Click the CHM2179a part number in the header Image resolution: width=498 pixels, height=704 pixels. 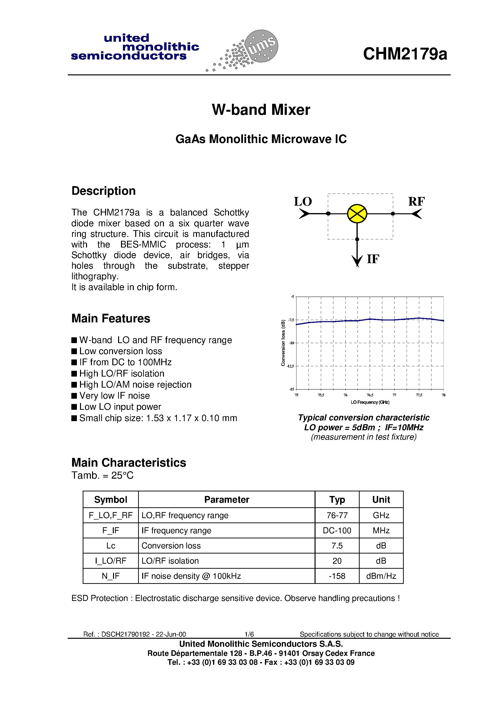tap(405, 54)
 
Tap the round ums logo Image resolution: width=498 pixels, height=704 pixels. tap(261, 46)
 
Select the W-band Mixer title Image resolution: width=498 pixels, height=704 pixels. tap(261, 110)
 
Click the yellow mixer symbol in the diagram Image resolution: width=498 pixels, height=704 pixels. tap(357, 214)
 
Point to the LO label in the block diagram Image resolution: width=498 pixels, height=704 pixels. tap(303, 202)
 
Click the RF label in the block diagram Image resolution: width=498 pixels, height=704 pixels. tap(416, 202)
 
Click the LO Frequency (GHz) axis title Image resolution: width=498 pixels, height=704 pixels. tap(370, 402)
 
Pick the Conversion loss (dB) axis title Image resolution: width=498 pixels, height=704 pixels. tap(283, 343)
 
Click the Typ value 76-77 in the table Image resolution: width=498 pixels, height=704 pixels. tap(337, 515)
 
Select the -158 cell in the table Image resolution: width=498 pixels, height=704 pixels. tap(337, 576)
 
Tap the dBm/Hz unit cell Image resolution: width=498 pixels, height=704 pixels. tap(381, 576)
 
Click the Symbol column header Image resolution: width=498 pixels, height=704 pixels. tap(111, 500)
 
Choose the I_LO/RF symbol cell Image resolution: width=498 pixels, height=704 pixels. tap(111, 561)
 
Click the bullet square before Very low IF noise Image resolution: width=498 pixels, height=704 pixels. tap(74, 396)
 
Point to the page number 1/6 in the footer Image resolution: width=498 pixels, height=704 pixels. tap(249, 634)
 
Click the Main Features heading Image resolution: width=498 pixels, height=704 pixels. tap(111, 319)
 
